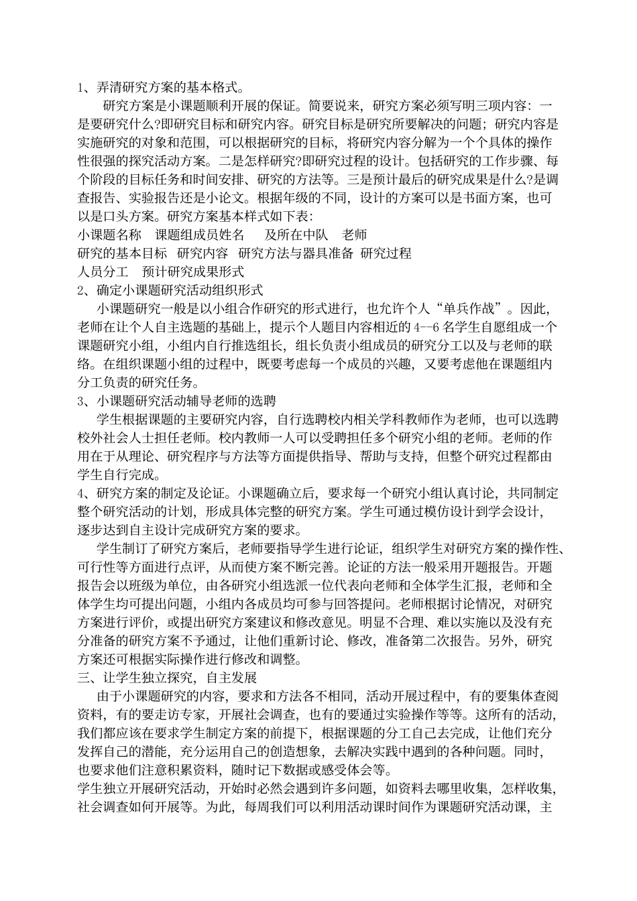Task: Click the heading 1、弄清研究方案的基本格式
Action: [x=160, y=88]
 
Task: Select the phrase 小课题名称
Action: [x=109, y=235]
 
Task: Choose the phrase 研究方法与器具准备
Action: [x=296, y=253]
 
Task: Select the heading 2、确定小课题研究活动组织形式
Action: [x=170, y=290]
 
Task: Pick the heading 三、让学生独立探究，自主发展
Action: [x=167, y=658]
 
